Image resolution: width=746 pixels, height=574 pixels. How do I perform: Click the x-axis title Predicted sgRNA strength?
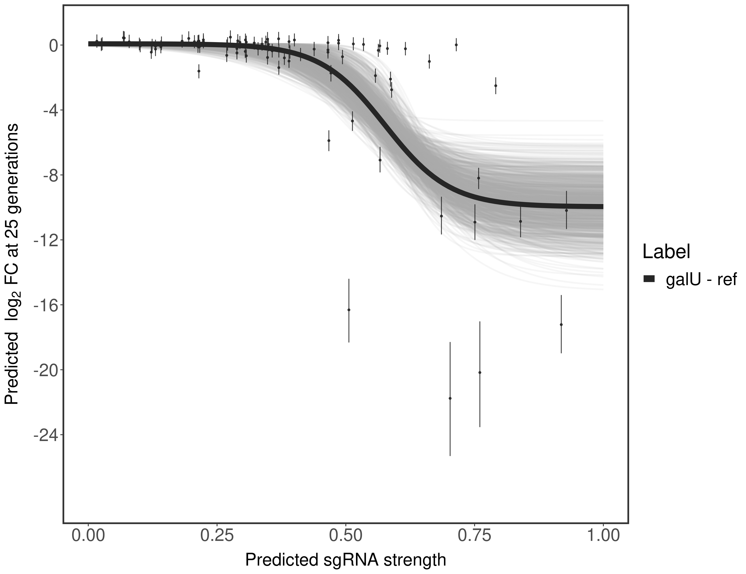pos(346,561)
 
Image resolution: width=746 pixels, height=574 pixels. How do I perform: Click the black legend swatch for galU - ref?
pos(649,279)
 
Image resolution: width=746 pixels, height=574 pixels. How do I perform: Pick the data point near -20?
pos(480,372)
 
